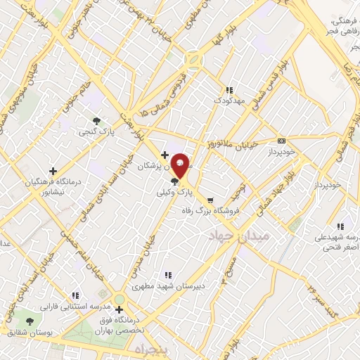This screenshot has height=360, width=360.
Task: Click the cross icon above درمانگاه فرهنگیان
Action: point(53,171)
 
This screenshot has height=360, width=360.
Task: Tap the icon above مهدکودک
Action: point(229,90)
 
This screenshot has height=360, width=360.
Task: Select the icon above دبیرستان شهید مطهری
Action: point(167,275)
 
